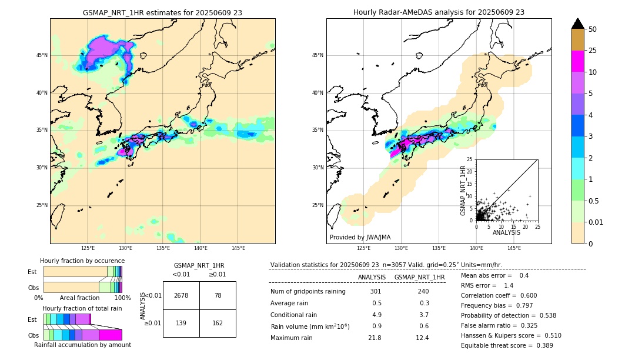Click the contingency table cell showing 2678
pyautogui.click(x=181, y=295)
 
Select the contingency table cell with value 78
pyautogui.click(x=218, y=295)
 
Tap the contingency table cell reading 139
pyautogui.click(x=181, y=323)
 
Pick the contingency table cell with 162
pyautogui.click(x=218, y=323)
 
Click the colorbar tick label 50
pyautogui.click(x=593, y=29)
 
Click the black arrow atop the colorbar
pyautogui.click(x=578, y=24)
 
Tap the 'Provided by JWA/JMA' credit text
pyautogui.click(x=360, y=237)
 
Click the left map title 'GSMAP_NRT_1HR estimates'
pyautogui.click(x=162, y=12)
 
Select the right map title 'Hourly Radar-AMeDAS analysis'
pyautogui.click(x=439, y=12)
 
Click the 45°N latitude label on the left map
pyautogui.click(x=42, y=55)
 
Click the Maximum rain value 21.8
pyautogui.click(x=374, y=338)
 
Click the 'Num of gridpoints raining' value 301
pyautogui.click(x=375, y=291)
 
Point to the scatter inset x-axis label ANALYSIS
pyautogui.click(x=506, y=232)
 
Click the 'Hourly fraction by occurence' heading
pyautogui.click(x=82, y=261)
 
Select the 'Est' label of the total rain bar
pyautogui.click(x=32, y=319)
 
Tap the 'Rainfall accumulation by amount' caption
pyautogui.click(x=82, y=345)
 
